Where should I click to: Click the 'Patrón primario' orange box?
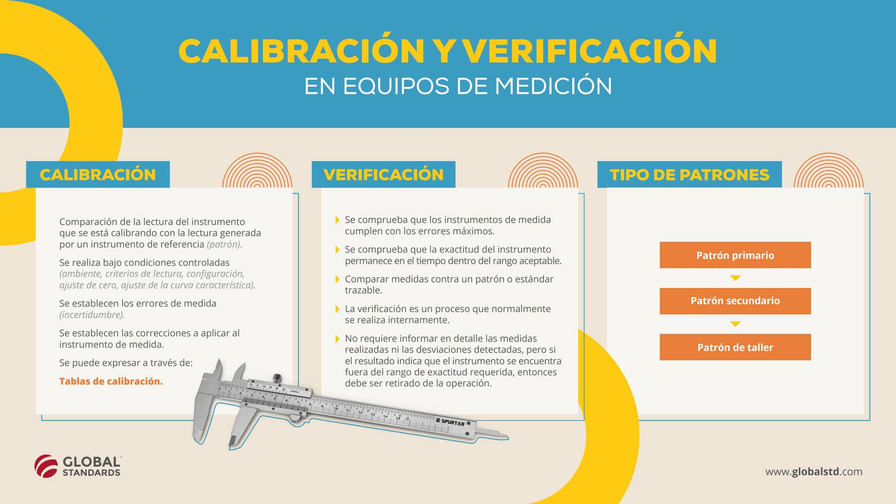[735, 255]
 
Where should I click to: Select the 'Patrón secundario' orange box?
[735, 301]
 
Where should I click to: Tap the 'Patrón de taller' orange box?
[735, 347]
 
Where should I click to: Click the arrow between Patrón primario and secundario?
[735, 278]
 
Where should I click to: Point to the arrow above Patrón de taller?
[735, 324]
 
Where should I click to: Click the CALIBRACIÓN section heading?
[98, 175]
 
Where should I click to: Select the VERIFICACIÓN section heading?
[384, 175]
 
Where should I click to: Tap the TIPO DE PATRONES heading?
[689, 175]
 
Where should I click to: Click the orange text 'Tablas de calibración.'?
[111, 381]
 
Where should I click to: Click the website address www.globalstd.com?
[814, 472]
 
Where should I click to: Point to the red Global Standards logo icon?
[46, 466]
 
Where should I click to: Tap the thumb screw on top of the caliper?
[277, 378]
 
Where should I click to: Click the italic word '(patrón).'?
[224, 245]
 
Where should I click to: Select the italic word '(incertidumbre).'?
[92, 315]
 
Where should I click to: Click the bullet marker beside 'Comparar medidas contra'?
[337, 279]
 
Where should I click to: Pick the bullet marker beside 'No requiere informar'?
[337, 339]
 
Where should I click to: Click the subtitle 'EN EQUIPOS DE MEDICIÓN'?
[458, 86]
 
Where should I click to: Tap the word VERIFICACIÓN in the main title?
[589, 51]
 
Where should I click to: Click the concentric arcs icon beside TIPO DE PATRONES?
[829, 171]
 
